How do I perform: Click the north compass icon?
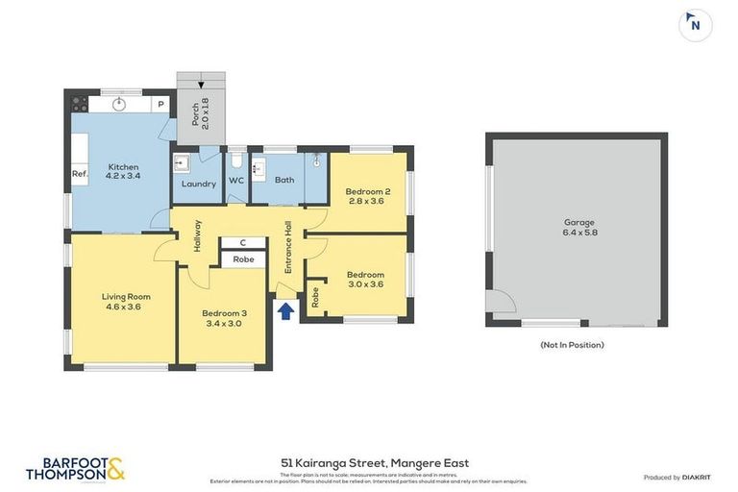point(695,25)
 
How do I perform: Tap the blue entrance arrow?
point(285,310)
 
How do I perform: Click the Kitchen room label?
point(124,171)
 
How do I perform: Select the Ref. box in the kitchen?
point(80,174)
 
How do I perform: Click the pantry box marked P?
point(160,104)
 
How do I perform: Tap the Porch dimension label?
point(200,116)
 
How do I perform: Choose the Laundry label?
point(199,184)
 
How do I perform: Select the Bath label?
point(284,180)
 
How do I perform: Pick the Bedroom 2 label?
point(367,196)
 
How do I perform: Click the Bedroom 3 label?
point(224,318)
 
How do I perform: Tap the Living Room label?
point(126,301)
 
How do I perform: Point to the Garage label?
point(578,227)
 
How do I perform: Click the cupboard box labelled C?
point(243,242)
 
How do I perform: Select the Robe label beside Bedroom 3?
point(243,259)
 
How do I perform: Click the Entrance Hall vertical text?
point(288,248)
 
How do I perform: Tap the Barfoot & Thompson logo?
point(75,469)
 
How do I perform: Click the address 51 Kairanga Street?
point(368,462)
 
